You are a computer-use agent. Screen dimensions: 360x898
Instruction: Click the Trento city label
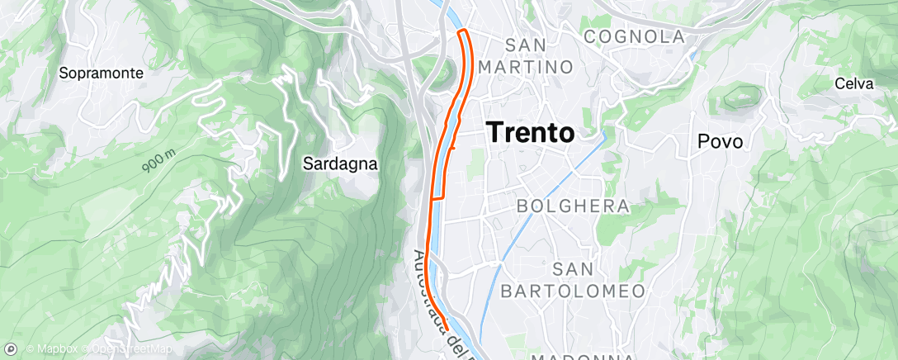click(531, 131)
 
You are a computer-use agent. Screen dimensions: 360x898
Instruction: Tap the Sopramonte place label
click(102, 73)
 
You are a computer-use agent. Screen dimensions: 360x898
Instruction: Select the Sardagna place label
click(340, 163)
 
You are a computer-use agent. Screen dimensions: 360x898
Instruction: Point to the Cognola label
click(634, 36)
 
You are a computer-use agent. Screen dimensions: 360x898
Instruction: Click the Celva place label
click(853, 83)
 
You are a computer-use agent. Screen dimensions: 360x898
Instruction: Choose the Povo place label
click(720, 141)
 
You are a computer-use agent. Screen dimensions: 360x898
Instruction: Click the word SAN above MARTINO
click(528, 44)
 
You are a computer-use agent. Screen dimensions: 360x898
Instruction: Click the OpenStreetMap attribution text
click(127, 350)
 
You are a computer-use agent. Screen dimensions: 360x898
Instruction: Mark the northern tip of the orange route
click(463, 31)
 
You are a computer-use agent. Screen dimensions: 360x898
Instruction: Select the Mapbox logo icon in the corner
click(12, 350)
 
